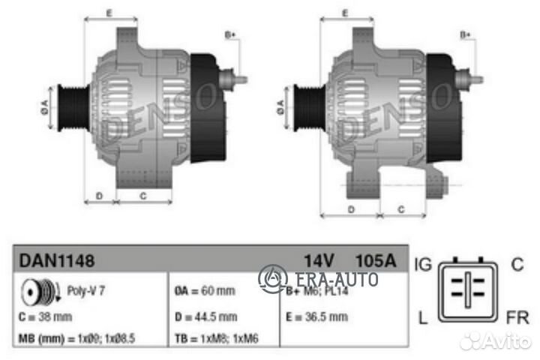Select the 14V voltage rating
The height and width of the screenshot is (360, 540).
(x=318, y=260)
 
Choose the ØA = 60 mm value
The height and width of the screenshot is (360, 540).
(x=204, y=290)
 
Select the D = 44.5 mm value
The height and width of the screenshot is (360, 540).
(x=205, y=316)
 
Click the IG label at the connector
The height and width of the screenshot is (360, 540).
(x=421, y=263)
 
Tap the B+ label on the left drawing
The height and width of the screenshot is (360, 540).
(x=230, y=34)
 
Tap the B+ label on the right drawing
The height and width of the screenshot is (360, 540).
(x=464, y=34)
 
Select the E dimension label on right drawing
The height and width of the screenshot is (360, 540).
(x=345, y=13)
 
